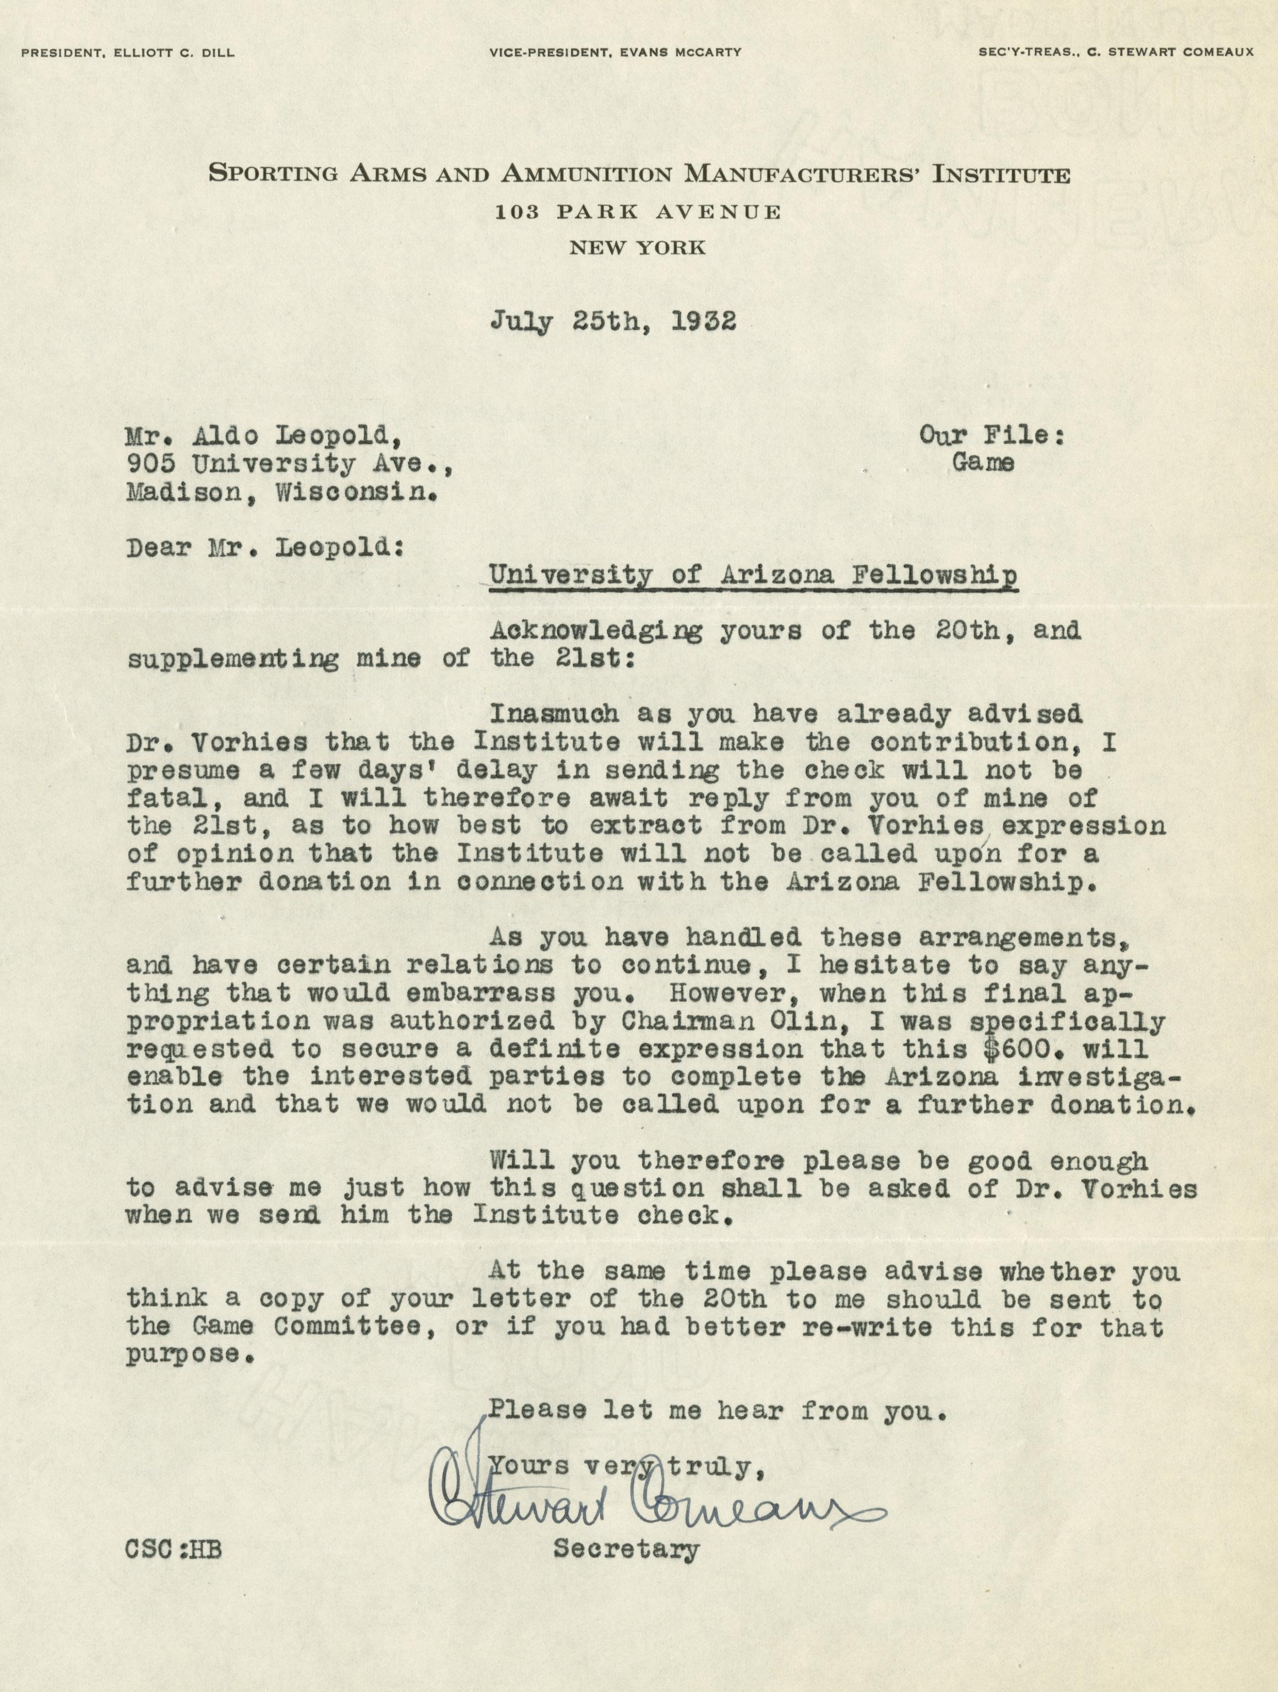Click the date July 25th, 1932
tap(613, 321)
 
